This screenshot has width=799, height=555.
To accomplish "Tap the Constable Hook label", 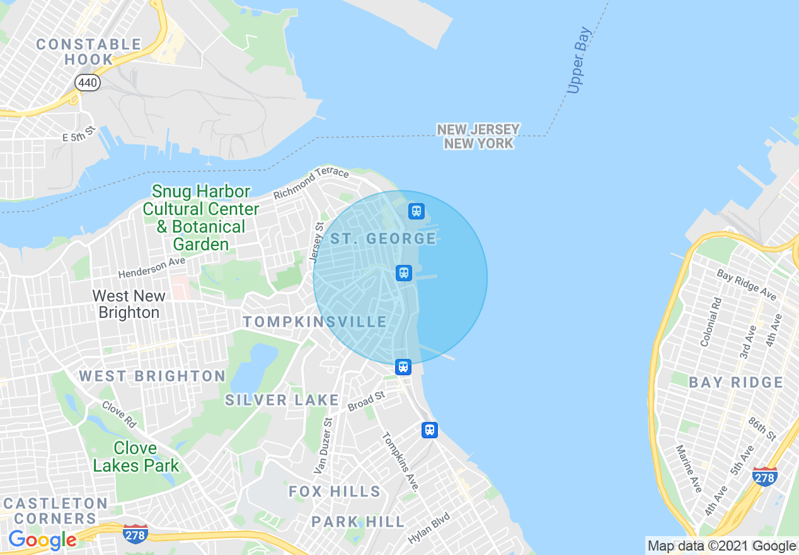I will [x=88, y=52].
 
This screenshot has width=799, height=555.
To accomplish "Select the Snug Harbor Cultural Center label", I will [x=200, y=218].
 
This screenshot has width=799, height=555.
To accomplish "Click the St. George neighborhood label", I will [x=383, y=238].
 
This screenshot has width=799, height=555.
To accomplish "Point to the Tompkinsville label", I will [x=315, y=322].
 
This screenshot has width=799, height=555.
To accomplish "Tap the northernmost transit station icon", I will [x=416, y=211].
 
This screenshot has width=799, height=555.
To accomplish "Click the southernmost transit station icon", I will [x=429, y=430].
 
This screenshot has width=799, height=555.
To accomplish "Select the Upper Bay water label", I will [x=578, y=61].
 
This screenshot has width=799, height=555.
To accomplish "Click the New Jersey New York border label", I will [x=478, y=136].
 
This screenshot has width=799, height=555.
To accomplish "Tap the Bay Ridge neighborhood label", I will [x=735, y=382].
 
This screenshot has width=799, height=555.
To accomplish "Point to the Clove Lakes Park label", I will [x=136, y=457].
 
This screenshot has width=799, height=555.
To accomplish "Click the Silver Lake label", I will [x=282, y=400].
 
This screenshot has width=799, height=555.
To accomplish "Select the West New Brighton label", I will [x=129, y=304].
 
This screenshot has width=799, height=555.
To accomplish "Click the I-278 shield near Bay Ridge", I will [x=764, y=477].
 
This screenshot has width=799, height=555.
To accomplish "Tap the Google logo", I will [x=42, y=540].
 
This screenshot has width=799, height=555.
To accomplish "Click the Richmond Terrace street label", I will [x=311, y=183].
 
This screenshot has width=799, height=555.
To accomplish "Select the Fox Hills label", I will [x=335, y=491].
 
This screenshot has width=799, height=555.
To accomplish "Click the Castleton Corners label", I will [x=55, y=511].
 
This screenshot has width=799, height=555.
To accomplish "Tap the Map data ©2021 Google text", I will [x=721, y=546].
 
